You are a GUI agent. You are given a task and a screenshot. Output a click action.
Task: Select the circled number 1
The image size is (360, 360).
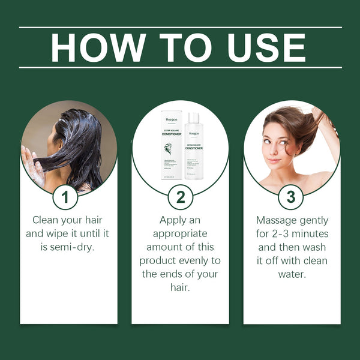pyautogui.click(x=68, y=197)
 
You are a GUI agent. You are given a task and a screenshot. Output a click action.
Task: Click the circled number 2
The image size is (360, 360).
pyautogui.click(x=180, y=197)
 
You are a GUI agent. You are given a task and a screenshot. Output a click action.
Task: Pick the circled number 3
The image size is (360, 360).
pyautogui.click(x=292, y=197)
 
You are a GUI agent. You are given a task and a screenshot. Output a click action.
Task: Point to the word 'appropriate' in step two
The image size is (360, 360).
pyautogui.click(x=180, y=233)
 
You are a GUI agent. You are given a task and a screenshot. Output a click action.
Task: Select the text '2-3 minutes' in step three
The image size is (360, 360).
pyautogui.click(x=299, y=233)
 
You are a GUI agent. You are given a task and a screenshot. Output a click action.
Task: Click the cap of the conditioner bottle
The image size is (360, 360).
pyautogui.click(x=194, y=116)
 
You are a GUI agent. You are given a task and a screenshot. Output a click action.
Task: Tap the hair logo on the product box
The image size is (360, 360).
pyautogui.click(x=169, y=148)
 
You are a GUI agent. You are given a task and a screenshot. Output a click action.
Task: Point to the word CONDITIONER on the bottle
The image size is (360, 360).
pyautogui.click(x=194, y=148)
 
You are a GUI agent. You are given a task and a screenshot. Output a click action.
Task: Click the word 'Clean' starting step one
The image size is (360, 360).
pyautogui.click(x=45, y=220)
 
